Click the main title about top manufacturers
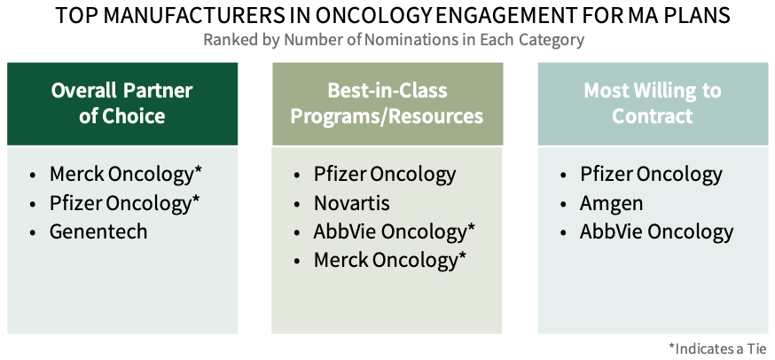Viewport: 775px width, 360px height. point(393,15)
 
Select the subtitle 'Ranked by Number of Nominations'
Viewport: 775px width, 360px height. point(394,40)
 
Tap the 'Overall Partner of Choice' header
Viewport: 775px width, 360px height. point(122,104)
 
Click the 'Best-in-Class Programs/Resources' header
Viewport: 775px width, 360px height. point(387,104)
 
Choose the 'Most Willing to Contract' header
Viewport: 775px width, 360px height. point(653,104)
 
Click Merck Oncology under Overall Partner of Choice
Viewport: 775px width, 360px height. point(126,174)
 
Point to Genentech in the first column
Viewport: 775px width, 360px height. point(98,231)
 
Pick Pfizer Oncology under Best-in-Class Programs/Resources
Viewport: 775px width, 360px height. point(385,174)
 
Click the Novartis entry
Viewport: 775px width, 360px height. point(351,203)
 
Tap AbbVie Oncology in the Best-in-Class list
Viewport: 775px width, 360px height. point(395,232)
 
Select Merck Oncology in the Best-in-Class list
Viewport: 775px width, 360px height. point(390,260)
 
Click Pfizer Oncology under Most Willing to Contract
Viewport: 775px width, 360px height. point(651,174)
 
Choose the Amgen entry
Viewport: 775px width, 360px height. point(612,204)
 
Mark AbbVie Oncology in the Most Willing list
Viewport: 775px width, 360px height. point(657,232)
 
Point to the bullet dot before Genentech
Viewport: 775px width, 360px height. point(33,233)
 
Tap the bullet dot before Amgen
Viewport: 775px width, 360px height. point(563,204)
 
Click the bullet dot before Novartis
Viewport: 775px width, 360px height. point(296,204)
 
